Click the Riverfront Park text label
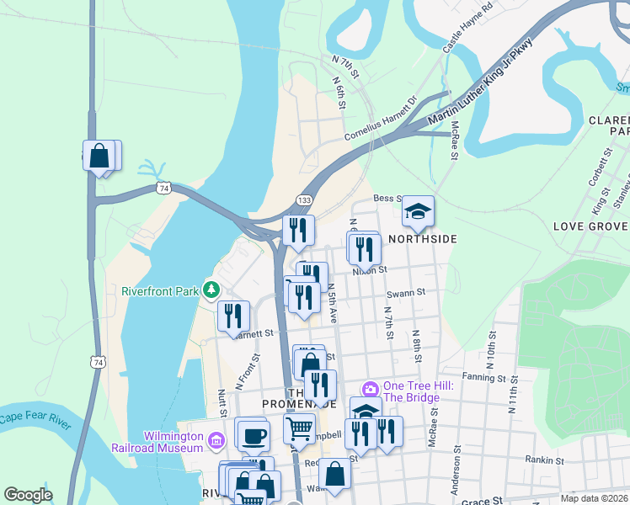coord(159,292)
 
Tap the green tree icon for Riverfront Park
coord(210,291)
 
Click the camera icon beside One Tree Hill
coord(369,389)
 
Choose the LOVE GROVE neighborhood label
coord(590,227)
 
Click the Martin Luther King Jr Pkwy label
coord(480,82)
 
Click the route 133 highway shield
coord(305,199)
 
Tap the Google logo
coord(28,495)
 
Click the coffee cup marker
coord(253,435)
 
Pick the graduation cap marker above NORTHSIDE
coord(418,210)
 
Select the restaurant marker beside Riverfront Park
coord(233,316)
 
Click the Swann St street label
coord(407,293)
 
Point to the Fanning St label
coord(482,377)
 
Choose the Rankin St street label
coord(544,460)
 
